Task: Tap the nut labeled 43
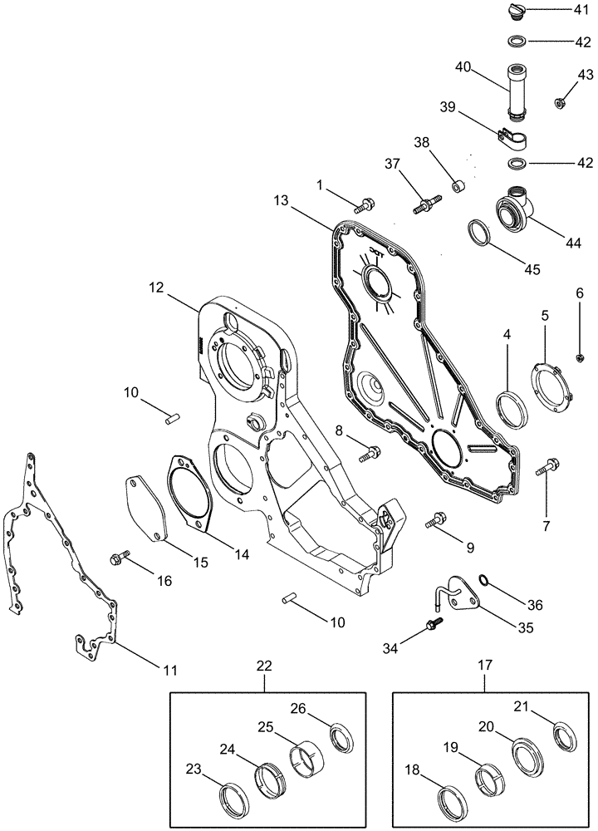(x=559, y=102)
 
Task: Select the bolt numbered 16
(x=120, y=557)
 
